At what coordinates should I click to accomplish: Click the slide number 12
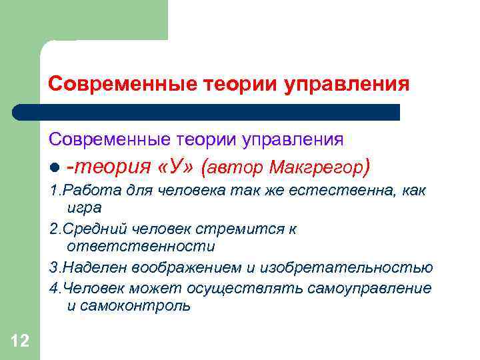[x=20, y=342]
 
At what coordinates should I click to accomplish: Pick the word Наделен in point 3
[x=91, y=268]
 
